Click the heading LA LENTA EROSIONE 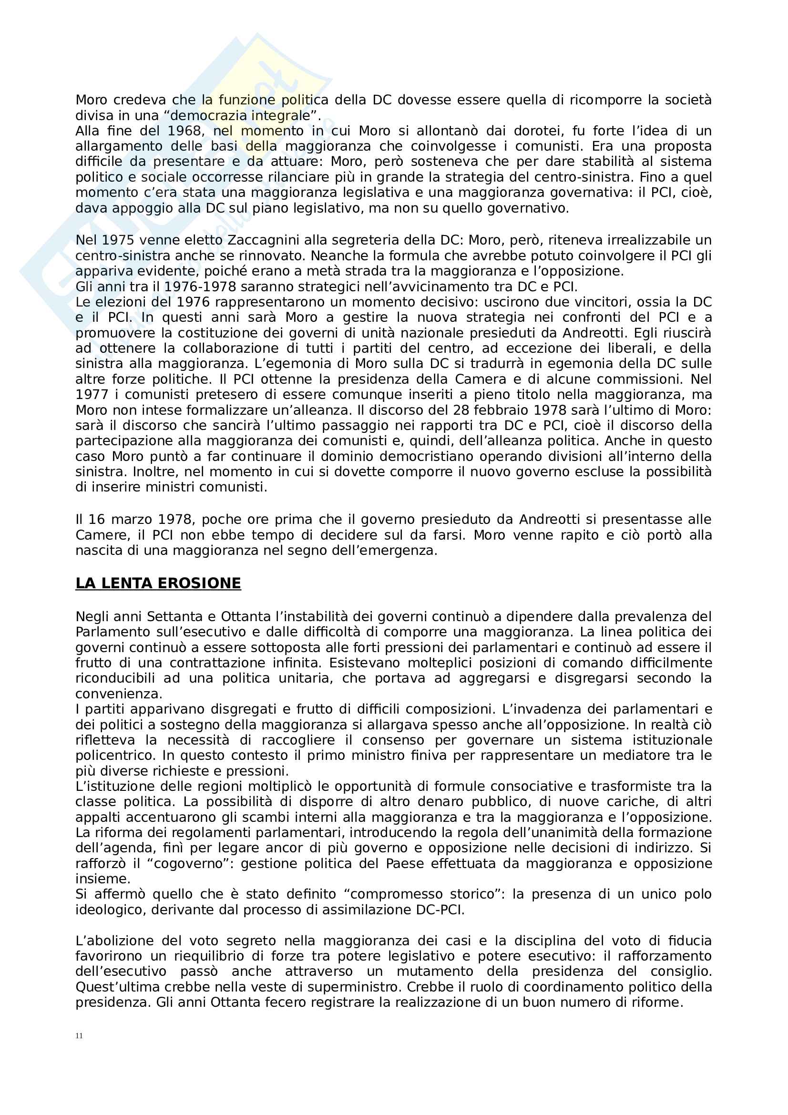point(158,583)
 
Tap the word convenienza point(119,694)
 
